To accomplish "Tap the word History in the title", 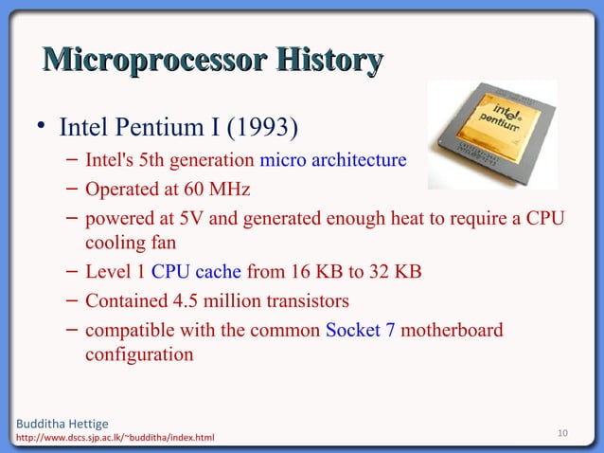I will tap(328, 62).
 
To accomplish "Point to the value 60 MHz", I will tap(216, 190).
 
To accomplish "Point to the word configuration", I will tap(139, 355).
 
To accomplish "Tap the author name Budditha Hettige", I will tap(57, 423).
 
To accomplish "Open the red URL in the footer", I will tap(110, 438).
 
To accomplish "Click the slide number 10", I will tap(562, 434).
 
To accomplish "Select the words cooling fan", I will tap(128, 244).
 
